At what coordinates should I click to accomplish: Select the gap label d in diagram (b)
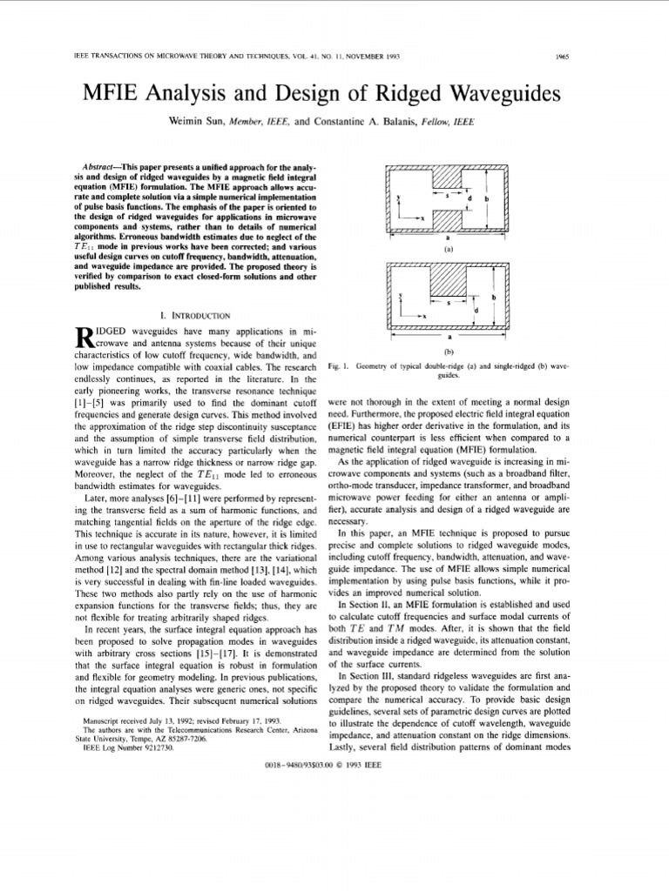click(x=476, y=309)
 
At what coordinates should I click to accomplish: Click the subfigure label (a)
click(x=449, y=248)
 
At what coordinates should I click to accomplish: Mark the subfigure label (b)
click(x=449, y=353)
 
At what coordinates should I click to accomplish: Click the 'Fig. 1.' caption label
click(x=338, y=367)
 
